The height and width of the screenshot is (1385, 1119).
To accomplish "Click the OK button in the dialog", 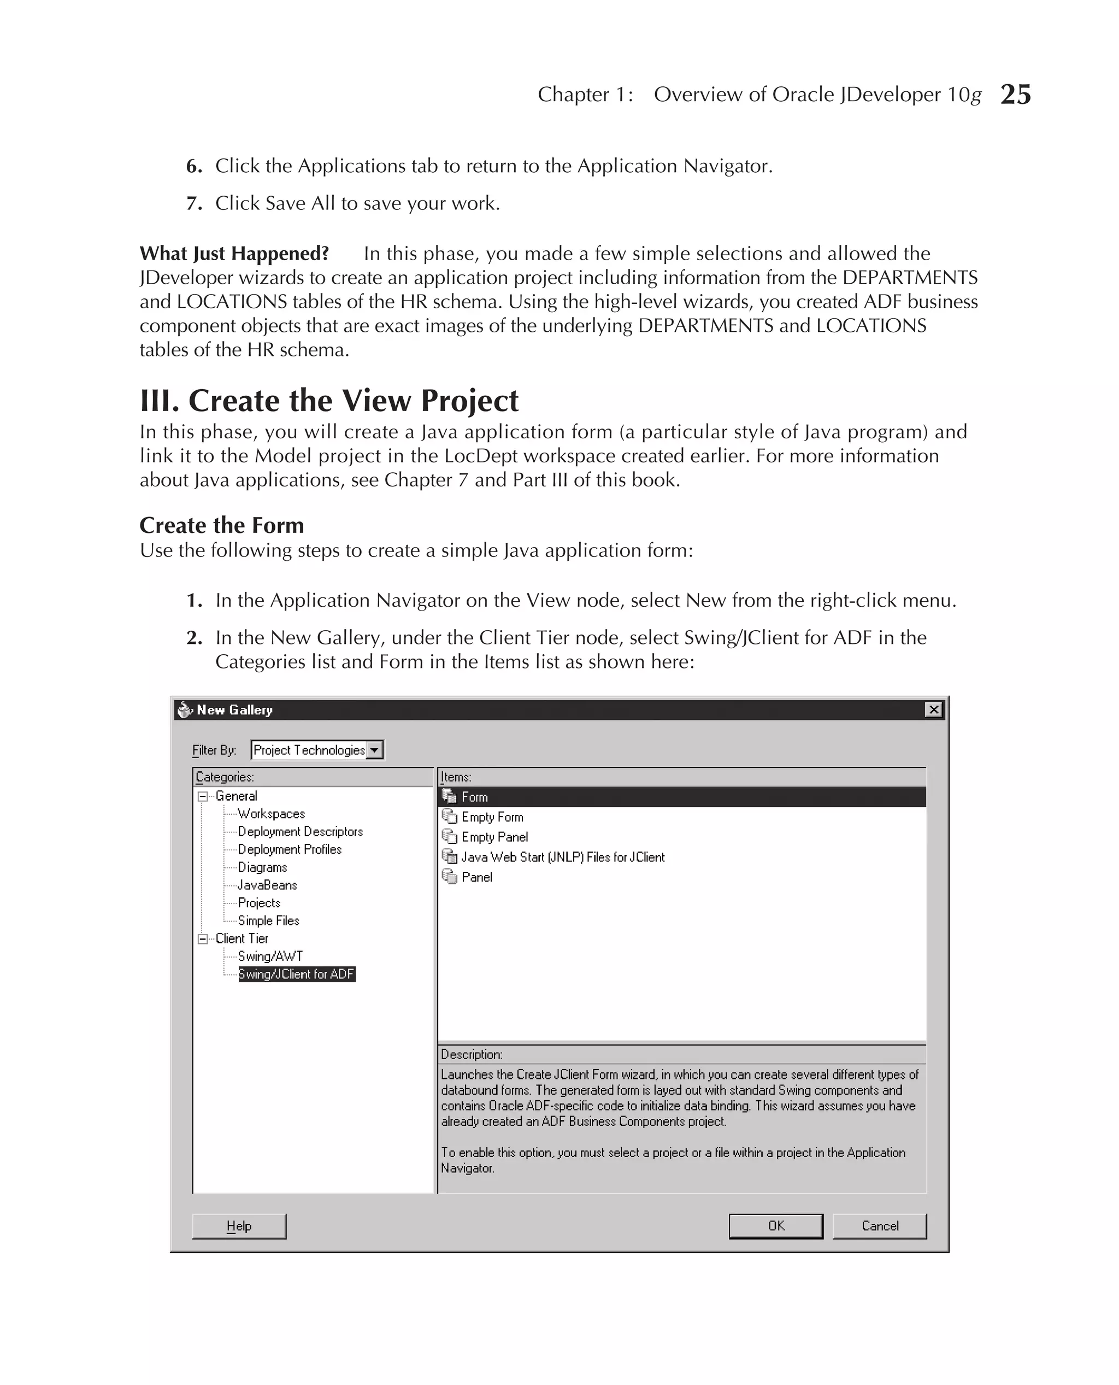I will tap(775, 1226).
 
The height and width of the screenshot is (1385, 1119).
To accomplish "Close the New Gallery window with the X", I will tap(933, 710).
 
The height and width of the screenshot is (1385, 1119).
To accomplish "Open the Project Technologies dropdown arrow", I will tap(374, 750).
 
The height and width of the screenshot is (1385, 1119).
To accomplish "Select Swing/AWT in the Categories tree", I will tap(270, 956).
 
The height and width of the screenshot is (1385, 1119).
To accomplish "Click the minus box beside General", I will tap(202, 796).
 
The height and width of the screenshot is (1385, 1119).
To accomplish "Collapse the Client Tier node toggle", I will tap(202, 939).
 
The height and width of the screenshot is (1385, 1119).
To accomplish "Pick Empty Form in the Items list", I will tap(492, 817).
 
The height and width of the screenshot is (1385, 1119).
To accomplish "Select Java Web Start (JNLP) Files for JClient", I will tap(562, 857).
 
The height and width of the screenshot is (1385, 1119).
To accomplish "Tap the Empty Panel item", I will tap(494, 837).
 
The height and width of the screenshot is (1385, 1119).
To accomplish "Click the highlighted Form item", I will tap(474, 797).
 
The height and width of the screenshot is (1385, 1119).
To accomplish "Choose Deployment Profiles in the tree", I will tap(290, 849).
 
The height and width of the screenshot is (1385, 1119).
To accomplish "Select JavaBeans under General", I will tap(267, 885).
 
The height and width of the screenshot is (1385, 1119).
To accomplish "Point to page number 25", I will tap(1015, 95).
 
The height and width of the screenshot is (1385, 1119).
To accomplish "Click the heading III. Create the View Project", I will tap(329, 401).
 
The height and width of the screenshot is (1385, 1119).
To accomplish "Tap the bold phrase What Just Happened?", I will tap(234, 254).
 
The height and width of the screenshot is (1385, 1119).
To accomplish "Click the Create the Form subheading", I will tap(222, 525).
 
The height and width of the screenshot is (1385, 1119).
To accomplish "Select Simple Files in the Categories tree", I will tap(268, 921).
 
